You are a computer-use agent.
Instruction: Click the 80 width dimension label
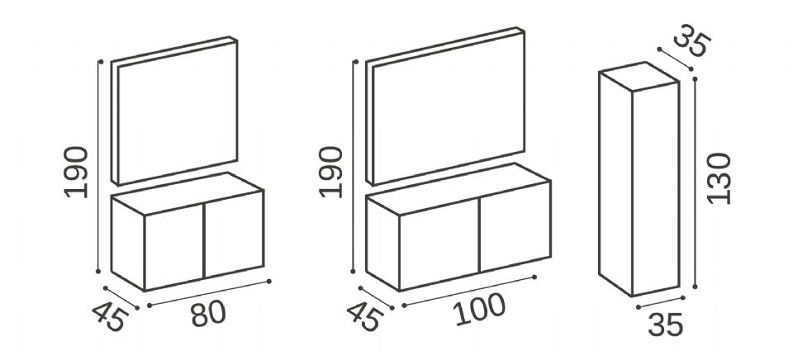(x=208, y=314)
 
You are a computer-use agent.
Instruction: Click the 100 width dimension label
(x=479, y=309)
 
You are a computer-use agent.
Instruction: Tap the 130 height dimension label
(x=719, y=178)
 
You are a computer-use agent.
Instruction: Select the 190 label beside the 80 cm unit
(x=76, y=172)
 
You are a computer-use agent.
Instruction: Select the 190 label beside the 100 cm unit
(x=331, y=172)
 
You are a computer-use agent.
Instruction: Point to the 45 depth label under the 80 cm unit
(x=110, y=317)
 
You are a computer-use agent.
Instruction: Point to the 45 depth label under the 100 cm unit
(x=365, y=317)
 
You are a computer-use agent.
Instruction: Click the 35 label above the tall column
(x=692, y=40)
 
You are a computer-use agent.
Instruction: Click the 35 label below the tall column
(x=666, y=324)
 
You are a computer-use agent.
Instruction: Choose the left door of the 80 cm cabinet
(x=174, y=247)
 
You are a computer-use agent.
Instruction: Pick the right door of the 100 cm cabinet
(x=515, y=226)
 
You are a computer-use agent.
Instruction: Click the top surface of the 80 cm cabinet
(x=188, y=194)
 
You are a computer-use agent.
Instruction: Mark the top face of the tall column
(x=639, y=77)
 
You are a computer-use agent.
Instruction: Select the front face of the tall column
(x=655, y=189)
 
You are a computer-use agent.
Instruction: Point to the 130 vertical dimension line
(x=695, y=183)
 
